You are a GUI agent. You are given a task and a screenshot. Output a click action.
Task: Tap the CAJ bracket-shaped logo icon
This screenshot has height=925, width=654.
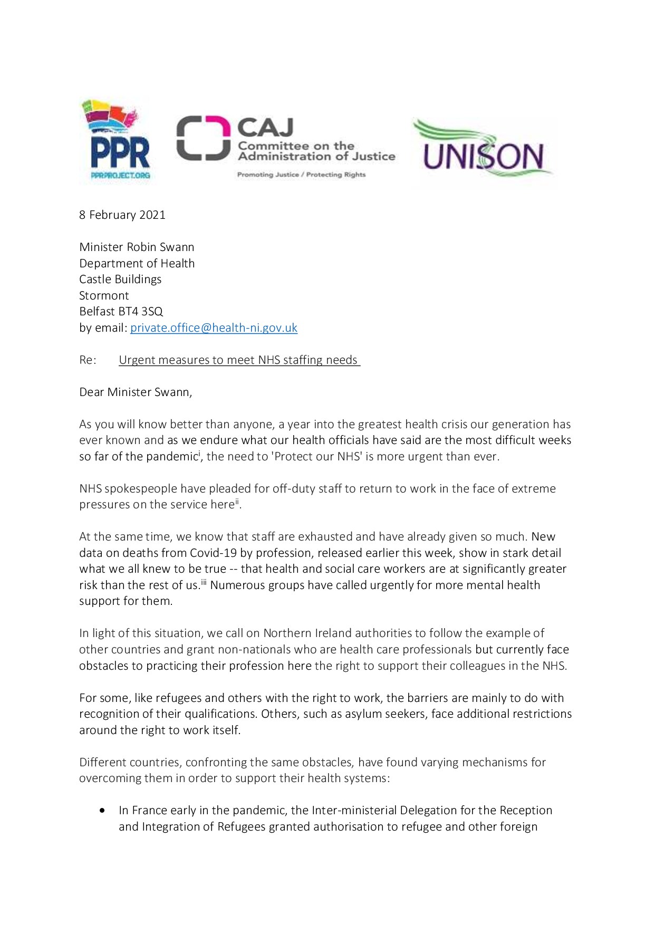[x=203, y=138]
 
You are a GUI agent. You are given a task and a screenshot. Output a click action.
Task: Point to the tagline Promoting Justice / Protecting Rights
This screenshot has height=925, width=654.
[x=301, y=175]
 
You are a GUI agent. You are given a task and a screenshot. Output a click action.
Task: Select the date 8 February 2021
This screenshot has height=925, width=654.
[x=122, y=215]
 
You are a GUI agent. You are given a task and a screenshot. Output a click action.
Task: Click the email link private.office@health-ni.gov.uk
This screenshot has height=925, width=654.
[x=214, y=328]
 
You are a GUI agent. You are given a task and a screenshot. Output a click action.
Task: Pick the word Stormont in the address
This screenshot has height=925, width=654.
[x=104, y=296]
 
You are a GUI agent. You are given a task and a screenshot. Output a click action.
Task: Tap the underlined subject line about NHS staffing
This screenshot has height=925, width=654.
[x=239, y=360]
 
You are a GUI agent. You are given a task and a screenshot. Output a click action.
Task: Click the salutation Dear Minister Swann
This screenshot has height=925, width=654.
[x=136, y=392]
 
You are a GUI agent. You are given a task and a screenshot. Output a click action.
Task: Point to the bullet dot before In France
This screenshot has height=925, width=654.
[x=102, y=810]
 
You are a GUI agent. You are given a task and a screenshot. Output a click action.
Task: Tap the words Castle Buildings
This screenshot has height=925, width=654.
[x=120, y=280]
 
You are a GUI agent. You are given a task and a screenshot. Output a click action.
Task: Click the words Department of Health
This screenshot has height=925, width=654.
[x=137, y=264]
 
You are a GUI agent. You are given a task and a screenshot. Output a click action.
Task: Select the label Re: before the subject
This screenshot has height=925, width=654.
[x=88, y=360]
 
